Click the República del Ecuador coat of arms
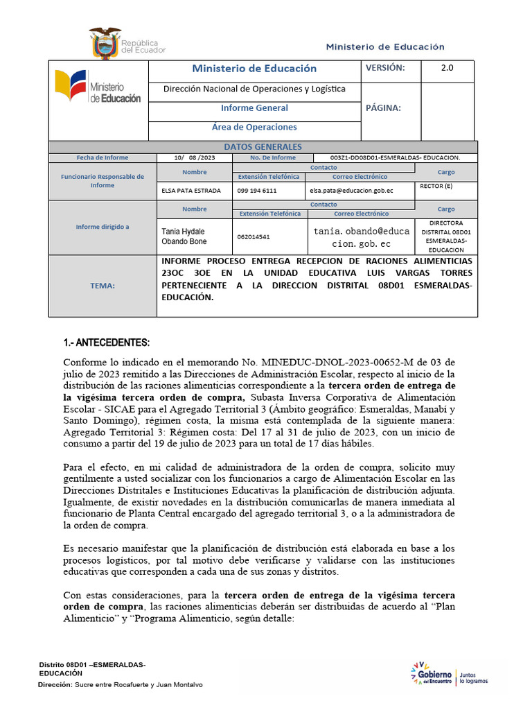105,44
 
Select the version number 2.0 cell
447,68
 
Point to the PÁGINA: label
382,107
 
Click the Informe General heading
254,108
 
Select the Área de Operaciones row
254,127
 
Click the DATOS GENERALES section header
263,147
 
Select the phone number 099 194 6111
257,190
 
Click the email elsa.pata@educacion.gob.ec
351,190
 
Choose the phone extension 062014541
254,236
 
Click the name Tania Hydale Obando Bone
184,236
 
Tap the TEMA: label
103,286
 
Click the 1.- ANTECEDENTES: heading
106,343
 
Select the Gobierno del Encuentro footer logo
449,676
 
